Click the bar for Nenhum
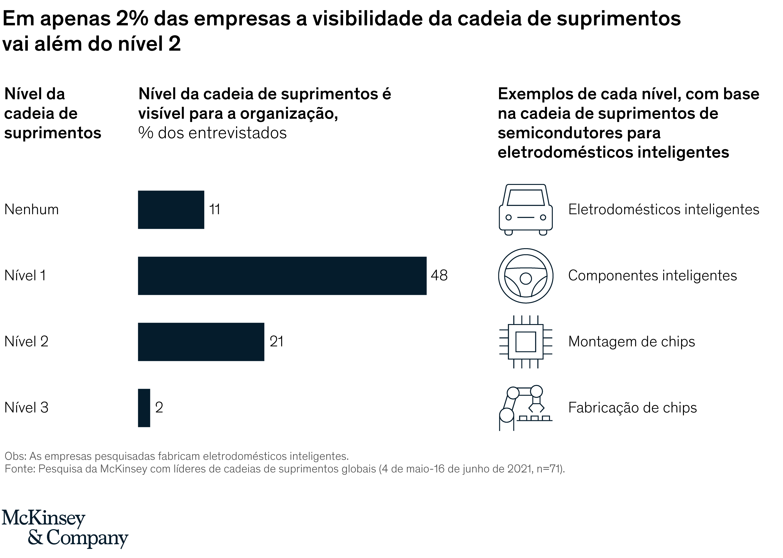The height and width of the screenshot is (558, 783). coord(171,210)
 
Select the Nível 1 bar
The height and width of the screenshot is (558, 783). coord(282,275)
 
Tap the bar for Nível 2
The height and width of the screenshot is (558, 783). coord(201,342)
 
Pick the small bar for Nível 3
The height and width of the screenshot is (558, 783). coord(144,408)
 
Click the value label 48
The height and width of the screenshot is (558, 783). coord(439,275)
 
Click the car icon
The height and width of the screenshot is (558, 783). coord(525,210)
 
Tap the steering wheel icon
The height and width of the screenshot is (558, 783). coord(525,275)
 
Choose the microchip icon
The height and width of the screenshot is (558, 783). coord(525,342)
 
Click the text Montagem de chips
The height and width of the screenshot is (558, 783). coord(631,342)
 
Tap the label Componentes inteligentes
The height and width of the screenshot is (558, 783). coord(652,275)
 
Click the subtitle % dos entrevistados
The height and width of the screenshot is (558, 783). coord(212,133)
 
